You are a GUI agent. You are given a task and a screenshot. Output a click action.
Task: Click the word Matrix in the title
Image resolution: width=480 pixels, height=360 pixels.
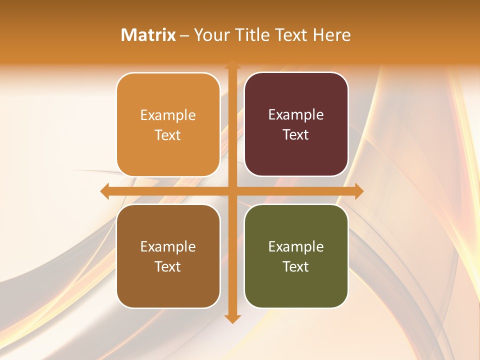(x=148, y=35)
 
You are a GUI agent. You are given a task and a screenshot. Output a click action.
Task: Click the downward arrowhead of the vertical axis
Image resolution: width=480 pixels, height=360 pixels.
(x=232, y=318)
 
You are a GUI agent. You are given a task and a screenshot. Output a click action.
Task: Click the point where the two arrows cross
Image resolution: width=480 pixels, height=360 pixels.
(x=232, y=191)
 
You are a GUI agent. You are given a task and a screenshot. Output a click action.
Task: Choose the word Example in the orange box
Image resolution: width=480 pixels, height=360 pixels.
(x=168, y=115)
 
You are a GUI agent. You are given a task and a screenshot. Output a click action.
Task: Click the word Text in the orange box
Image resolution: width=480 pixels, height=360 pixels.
(x=168, y=135)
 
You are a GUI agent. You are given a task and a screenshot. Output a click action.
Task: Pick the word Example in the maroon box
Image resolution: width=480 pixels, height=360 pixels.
(x=296, y=115)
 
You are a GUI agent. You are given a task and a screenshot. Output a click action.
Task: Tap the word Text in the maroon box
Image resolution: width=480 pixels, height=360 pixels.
(x=296, y=134)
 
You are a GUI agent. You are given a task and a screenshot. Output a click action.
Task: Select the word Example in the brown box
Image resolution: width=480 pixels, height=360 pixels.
(x=168, y=247)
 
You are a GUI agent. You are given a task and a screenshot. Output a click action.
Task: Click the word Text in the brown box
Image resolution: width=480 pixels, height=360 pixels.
(x=168, y=266)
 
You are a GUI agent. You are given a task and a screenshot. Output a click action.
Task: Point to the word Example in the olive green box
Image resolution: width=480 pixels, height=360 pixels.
(x=296, y=247)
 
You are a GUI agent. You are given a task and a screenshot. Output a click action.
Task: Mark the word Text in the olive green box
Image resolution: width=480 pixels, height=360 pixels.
(x=296, y=266)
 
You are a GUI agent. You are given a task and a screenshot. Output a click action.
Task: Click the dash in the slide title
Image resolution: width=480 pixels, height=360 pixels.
(x=184, y=35)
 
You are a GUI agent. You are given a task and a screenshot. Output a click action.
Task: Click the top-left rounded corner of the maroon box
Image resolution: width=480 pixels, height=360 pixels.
(x=250, y=78)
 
